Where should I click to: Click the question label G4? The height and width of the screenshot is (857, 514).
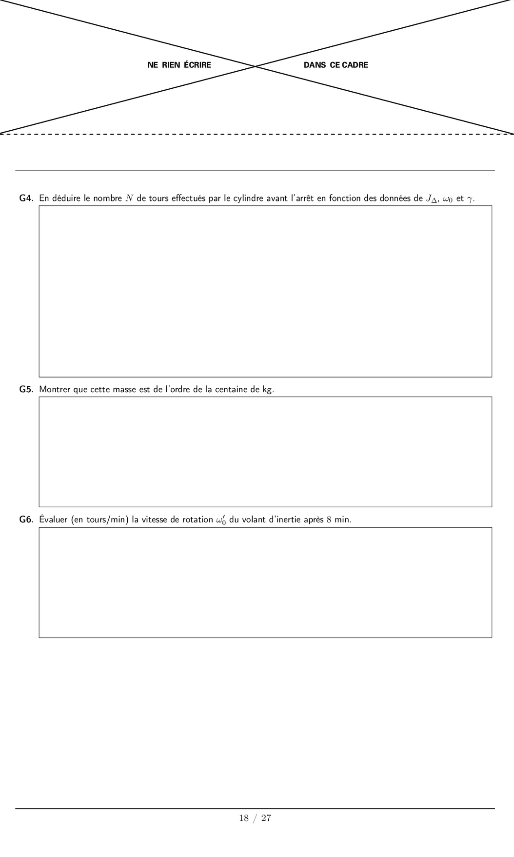tap(26, 199)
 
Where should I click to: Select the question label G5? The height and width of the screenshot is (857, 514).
tap(26, 390)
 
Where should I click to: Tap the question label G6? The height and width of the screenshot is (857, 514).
tap(26, 520)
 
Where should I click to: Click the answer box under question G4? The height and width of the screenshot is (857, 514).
tap(265, 291)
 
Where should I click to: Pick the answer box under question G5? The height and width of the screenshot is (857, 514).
tap(265, 452)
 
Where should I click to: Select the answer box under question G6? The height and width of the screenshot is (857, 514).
tap(265, 582)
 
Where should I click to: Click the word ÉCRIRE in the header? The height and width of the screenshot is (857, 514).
tap(198, 65)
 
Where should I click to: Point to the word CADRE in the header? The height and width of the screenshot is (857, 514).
tap(355, 65)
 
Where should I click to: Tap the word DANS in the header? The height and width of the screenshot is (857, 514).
tap(315, 65)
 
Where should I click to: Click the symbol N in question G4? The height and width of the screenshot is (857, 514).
tap(129, 199)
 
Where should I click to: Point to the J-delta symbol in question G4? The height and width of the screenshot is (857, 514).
tap(432, 199)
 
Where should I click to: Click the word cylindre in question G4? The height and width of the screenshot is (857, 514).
tap(249, 199)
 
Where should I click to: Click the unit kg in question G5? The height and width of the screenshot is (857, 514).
tap(267, 390)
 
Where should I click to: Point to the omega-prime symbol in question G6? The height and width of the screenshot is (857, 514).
tap(221, 520)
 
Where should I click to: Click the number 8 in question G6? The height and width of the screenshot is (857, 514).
tap(329, 520)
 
